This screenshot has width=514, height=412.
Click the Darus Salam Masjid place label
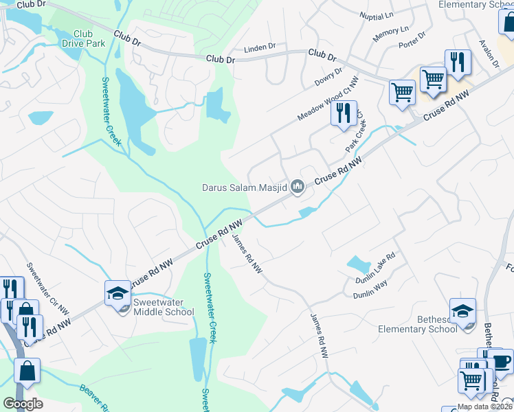tap(244, 186)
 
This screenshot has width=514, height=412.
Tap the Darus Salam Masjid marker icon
tap(298, 186)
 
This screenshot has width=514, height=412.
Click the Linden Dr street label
tap(260, 49)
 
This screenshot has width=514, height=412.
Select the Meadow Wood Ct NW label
tap(328, 100)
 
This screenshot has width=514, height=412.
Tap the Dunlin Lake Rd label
tap(377, 268)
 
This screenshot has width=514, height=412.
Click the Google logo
tap(23, 404)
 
